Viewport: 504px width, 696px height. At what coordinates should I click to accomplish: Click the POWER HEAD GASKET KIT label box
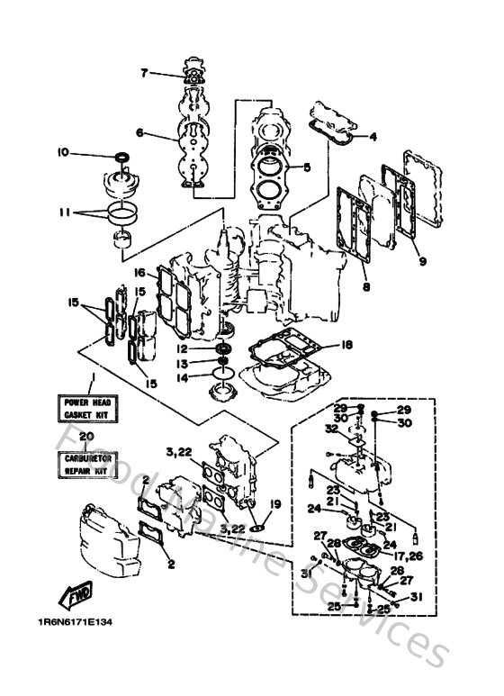click(x=85, y=408)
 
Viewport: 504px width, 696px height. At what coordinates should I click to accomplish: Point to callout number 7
click(x=143, y=75)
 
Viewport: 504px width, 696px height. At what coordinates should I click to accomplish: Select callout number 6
click(x=139, y=132)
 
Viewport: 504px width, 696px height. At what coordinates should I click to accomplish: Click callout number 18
click(x=347, y=344)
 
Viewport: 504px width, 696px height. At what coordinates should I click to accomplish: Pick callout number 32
click(x=332, y=429)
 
